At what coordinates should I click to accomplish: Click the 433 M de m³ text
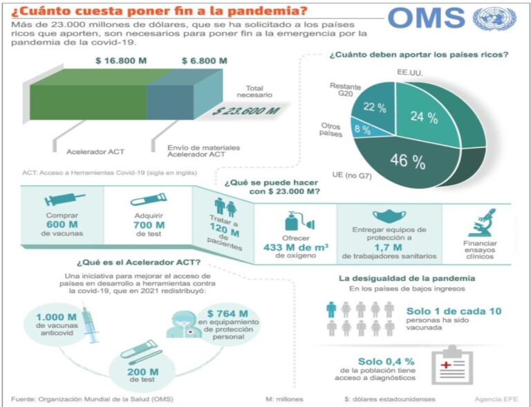[x=295, y=247]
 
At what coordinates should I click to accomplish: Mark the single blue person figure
[x=331, y=309]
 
